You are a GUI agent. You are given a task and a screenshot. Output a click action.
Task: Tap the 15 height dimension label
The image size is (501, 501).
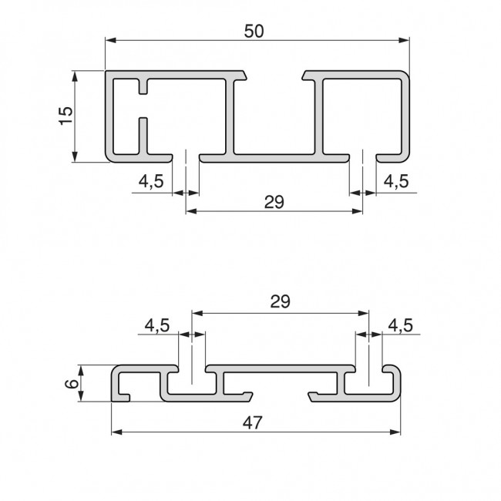point(66,115)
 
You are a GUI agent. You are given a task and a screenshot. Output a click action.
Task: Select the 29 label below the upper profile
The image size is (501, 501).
point(274,202)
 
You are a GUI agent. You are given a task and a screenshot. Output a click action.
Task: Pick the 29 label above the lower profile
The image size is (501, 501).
point(280,302)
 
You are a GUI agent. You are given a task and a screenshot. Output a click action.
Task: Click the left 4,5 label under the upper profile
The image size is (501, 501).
point(151,181)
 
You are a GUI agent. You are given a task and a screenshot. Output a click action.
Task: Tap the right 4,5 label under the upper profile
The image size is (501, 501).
point(396,181)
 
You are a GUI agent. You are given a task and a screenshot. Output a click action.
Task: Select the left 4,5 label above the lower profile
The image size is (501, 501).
point(157,325)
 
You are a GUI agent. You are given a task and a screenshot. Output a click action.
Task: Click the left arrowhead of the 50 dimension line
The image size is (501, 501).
point(109,40)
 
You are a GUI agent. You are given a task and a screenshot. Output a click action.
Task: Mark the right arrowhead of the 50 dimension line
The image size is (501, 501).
point(403,40)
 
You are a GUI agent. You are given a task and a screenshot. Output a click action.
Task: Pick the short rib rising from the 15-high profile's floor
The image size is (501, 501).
point(143,136)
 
